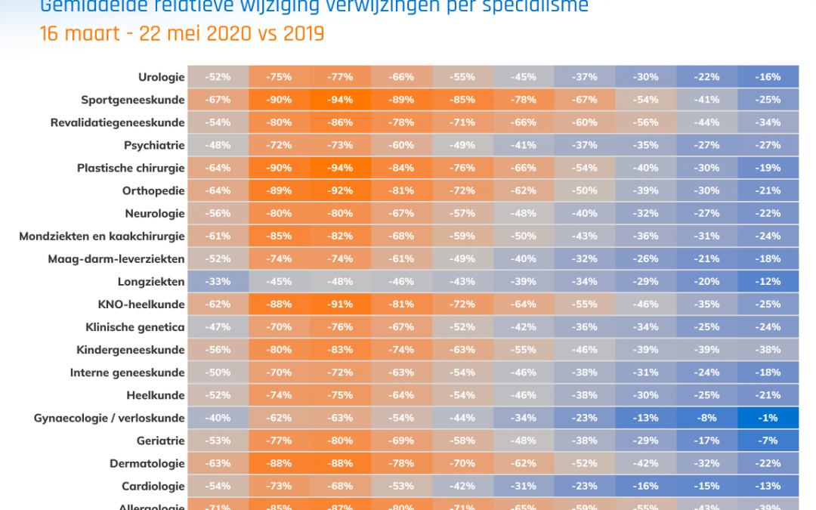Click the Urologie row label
tap(161, 77)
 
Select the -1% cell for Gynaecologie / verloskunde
tap(768, 418)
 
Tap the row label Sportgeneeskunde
tap(133, 100)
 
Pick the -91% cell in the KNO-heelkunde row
tap(341, 304)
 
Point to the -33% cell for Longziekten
tap(218, 282)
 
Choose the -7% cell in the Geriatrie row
tap(768, 440)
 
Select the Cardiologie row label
tap(153, 486)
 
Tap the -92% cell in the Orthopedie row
tap(341, 190)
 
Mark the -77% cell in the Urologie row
tap(341, 77)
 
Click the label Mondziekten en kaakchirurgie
tap(102, 236)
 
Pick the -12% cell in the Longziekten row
tap(768, 282)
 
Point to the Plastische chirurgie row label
tap(131, 168)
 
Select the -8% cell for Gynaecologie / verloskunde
tap(708, 418)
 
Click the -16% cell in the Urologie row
tap(768, 77)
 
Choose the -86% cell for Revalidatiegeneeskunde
tap(341, 122)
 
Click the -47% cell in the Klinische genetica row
tap(218, 327)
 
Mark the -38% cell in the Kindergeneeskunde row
tap(768, 350)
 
